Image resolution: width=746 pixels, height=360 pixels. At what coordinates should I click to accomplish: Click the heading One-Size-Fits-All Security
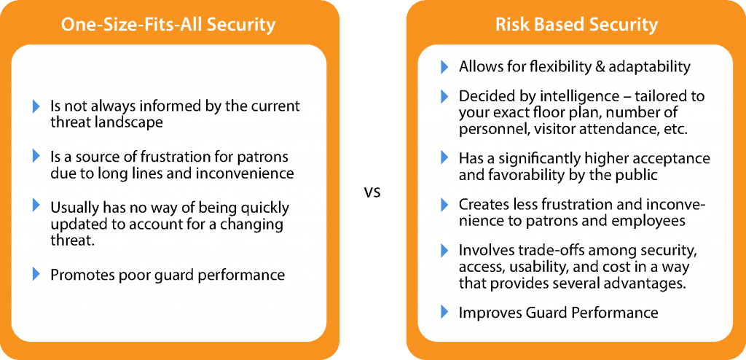click(x=168, y=25)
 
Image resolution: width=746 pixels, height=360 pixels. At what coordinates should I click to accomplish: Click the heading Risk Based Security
click(x=576, y=25)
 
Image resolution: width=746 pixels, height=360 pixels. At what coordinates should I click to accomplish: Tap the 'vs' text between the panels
click(x=372, y=193)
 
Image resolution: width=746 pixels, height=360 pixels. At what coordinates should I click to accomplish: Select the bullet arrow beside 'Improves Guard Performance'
click(x=445, y=312)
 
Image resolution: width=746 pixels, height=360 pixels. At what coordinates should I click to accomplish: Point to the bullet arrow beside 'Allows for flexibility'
click(x=445, y=66)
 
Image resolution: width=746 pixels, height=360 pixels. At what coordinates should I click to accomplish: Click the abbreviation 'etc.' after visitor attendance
click(x=675, y=129)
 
